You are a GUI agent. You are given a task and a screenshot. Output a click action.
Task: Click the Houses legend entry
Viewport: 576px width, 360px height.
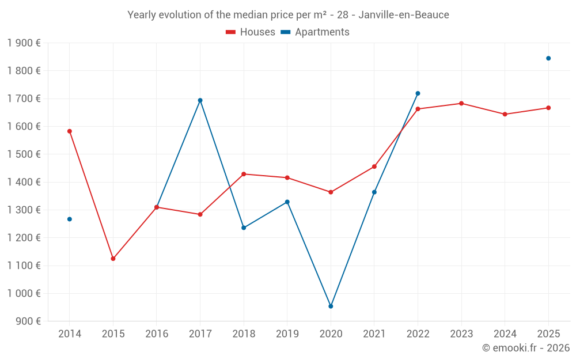tap(251, 32)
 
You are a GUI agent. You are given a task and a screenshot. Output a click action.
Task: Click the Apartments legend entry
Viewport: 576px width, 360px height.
tap(315, 32)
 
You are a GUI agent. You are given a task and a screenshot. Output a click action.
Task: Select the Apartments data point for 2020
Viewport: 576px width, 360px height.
tap(331, 306)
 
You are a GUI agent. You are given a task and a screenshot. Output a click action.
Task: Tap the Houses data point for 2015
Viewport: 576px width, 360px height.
tap(113, 259)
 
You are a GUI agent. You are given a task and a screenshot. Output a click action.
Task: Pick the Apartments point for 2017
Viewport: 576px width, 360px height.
tap(200, 100)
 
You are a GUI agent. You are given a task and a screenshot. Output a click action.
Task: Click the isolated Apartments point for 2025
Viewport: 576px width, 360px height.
tap(548, 58)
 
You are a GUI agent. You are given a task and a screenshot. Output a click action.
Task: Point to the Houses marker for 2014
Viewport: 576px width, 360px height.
tap(70, 131)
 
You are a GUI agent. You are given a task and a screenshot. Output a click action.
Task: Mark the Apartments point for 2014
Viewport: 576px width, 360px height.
tap(70, 219)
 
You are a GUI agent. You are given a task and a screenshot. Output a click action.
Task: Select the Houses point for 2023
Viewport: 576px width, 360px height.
tap(461, 104)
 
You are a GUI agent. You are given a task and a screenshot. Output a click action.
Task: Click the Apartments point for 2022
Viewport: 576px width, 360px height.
tap(418, 93)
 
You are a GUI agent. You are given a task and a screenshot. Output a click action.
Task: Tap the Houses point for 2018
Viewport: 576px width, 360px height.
tap(244, 174)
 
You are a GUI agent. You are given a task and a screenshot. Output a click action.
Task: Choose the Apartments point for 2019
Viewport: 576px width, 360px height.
tap(287, 202)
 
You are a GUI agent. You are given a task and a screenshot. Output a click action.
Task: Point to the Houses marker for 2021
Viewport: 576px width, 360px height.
tap(374, 166)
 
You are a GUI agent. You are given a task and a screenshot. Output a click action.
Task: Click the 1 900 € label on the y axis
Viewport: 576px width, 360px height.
tap(24, 43)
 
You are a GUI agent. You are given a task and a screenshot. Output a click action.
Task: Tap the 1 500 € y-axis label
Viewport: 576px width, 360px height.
tap(24, 154)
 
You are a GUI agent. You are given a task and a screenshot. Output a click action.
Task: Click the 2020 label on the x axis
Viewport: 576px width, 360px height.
tap(331, 334)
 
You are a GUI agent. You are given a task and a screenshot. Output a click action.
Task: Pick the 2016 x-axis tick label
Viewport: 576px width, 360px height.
tap(157, 334)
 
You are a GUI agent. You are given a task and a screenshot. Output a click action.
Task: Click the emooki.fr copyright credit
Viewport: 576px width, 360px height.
tap(526, 348)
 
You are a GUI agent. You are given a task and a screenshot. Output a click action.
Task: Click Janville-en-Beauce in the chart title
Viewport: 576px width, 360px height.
tap(404, 15)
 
